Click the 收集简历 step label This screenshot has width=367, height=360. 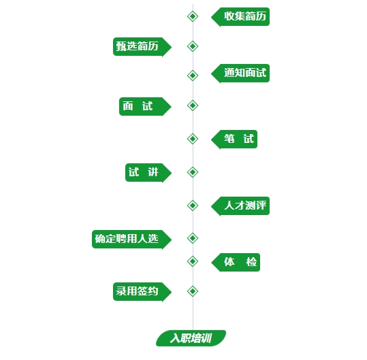[x=240, y=17]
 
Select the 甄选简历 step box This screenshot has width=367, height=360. [x=142, y=46]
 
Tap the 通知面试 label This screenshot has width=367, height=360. [x=240, y=73]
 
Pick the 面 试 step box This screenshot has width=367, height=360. [x=145, y=106]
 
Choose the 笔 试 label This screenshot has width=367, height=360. [x=234, y=140]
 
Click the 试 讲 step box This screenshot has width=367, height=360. [x=148, y=173]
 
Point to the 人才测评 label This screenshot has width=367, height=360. [x=240, y=206]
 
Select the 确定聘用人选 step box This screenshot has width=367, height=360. [x=132, y=240]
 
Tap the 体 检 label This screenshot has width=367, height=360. [x=236, y=263]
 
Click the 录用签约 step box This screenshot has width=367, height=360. [x=142, y=292]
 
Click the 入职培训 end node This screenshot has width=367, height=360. [x=191, y=338]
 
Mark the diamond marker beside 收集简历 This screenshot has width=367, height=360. [x=193, y=16]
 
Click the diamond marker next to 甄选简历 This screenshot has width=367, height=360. [x=193, y=46]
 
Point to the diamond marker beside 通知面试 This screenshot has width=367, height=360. [x=193, y=76]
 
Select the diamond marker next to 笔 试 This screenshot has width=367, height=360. [x=193, y=139]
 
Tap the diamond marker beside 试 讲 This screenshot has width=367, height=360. [x=193, y=172]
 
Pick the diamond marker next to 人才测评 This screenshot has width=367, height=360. [x=193, y=206]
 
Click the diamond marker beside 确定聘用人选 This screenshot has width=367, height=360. [x=193, y=238]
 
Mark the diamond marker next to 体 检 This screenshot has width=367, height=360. [x=193, y=261]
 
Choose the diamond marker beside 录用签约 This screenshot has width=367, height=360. [x=193, y=291]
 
